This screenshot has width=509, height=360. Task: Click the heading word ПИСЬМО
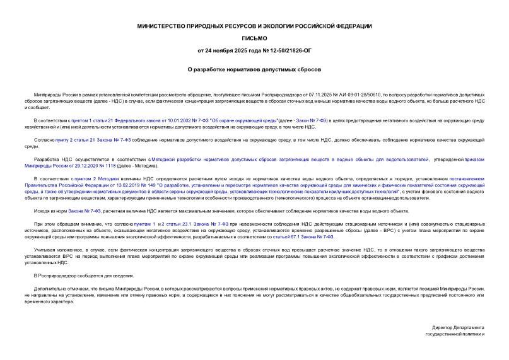254,38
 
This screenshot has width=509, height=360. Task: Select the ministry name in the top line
254,25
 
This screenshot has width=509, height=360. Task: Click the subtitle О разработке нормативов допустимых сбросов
254,69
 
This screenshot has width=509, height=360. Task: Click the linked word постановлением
462,179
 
